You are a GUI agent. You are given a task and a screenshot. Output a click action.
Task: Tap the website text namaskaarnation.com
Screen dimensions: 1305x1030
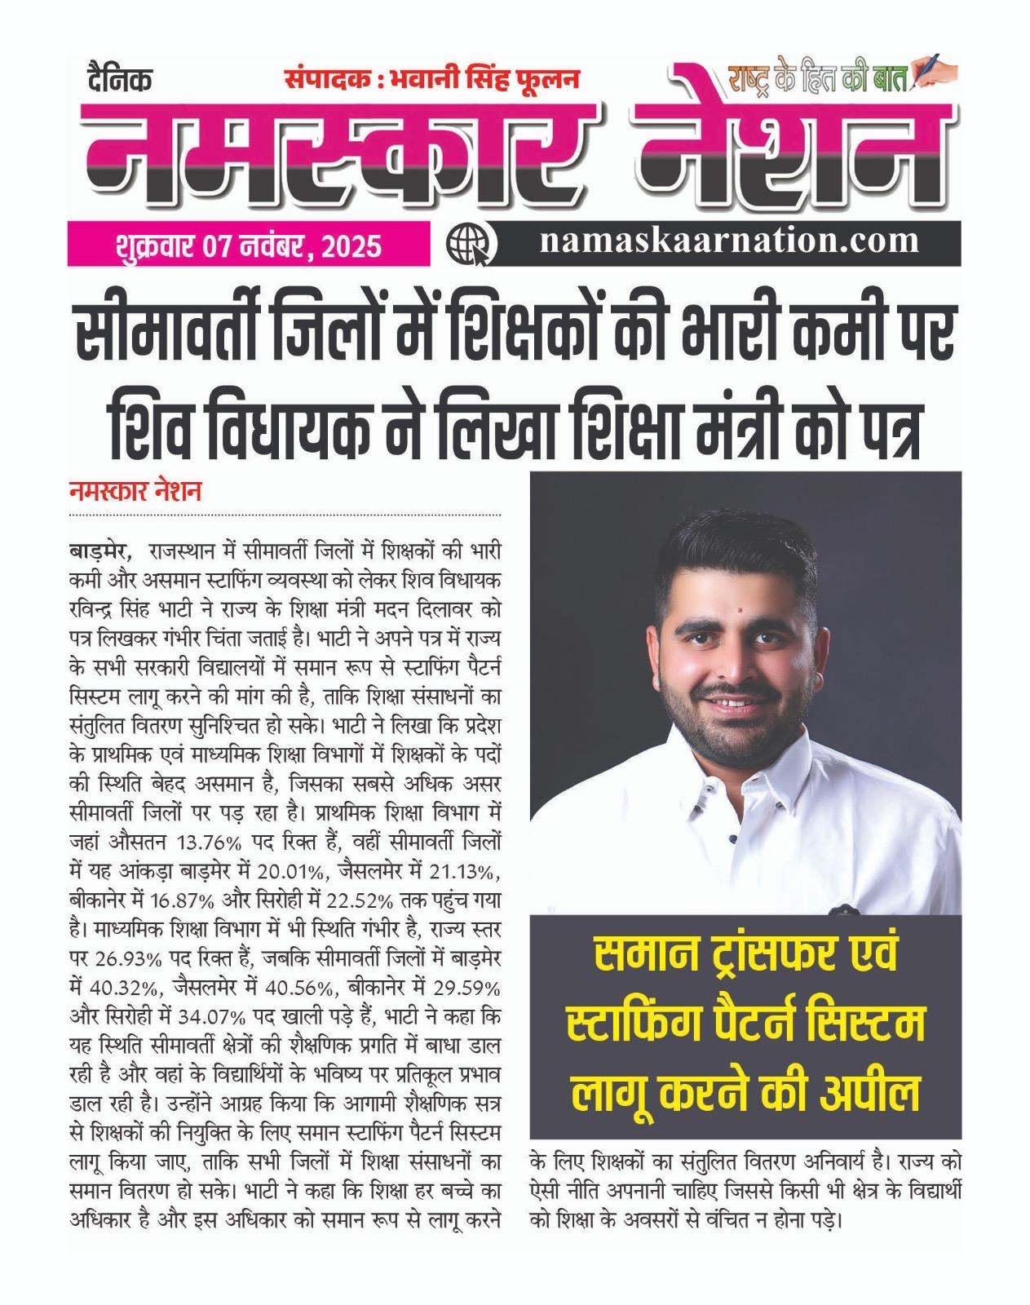(x=728, y=241)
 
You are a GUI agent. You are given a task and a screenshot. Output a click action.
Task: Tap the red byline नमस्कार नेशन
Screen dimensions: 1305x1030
(x=135, y=493)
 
